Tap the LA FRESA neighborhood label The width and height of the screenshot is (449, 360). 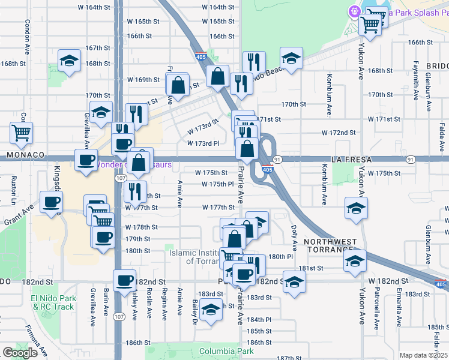[352, 160]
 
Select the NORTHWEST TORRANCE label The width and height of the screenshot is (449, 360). [330, 245]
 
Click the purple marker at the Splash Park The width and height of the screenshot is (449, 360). [354, 11]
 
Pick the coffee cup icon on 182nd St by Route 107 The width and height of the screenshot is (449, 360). [125, 280]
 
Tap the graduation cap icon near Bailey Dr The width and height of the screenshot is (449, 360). [210, 310]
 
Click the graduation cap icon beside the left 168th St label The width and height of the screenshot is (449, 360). [70, 60]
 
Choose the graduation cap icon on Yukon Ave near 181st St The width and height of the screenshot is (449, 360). [355, 260]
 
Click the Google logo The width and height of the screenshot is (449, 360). [20, 353]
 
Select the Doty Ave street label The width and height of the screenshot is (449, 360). [294, 238]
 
